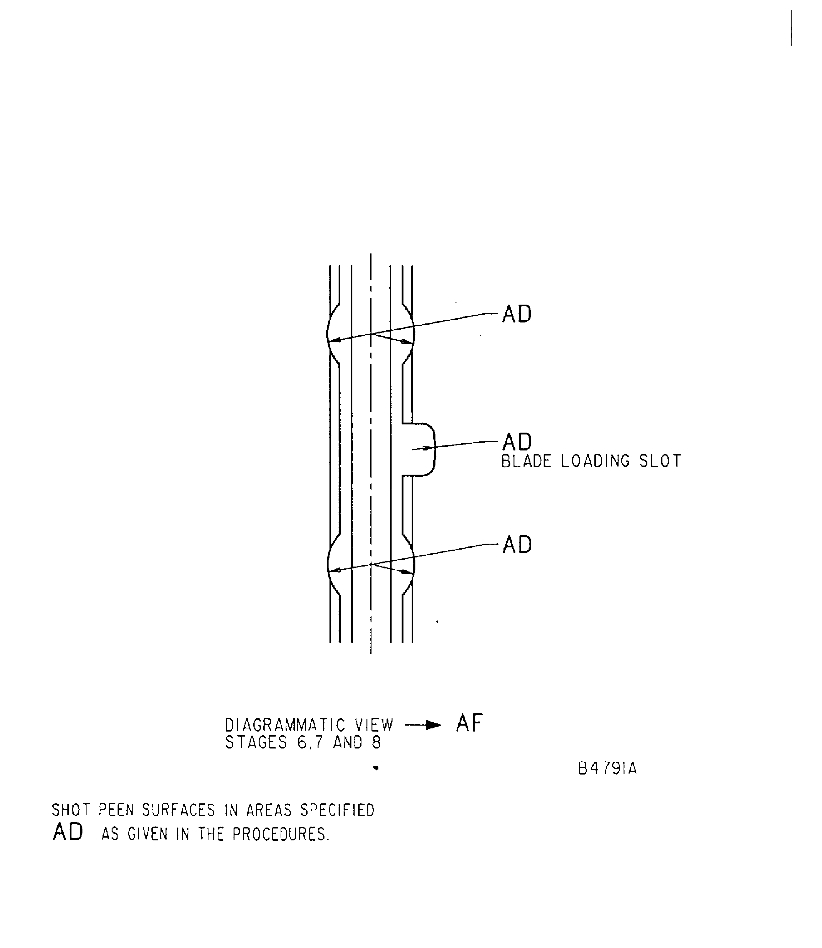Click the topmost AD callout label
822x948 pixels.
pos(517,314)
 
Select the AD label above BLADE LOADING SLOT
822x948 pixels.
pos(517,442)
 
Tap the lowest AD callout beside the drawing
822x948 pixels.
pos(517,545)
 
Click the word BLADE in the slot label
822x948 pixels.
pos(526,461)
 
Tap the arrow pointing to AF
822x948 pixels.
pos(423,725)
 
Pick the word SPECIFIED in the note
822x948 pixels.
pos(338,811)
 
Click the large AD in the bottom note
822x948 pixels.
pos(68,832)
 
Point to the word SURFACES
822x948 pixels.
pos(178,811)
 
